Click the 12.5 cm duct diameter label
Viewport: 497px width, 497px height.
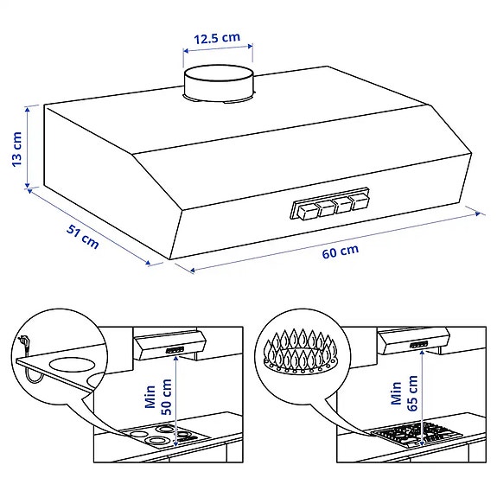pyautogui.click(x=216, y=39)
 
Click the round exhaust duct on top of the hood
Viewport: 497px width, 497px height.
pyautogui.click(x=220, y=85)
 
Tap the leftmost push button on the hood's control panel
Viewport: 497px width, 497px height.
pyautogui.click(x=308, y=208)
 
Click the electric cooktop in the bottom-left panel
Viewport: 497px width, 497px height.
pyautogui.click(x=162, y=436)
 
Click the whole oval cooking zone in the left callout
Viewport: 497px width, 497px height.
pyautogui.click(x=69, y=361)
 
